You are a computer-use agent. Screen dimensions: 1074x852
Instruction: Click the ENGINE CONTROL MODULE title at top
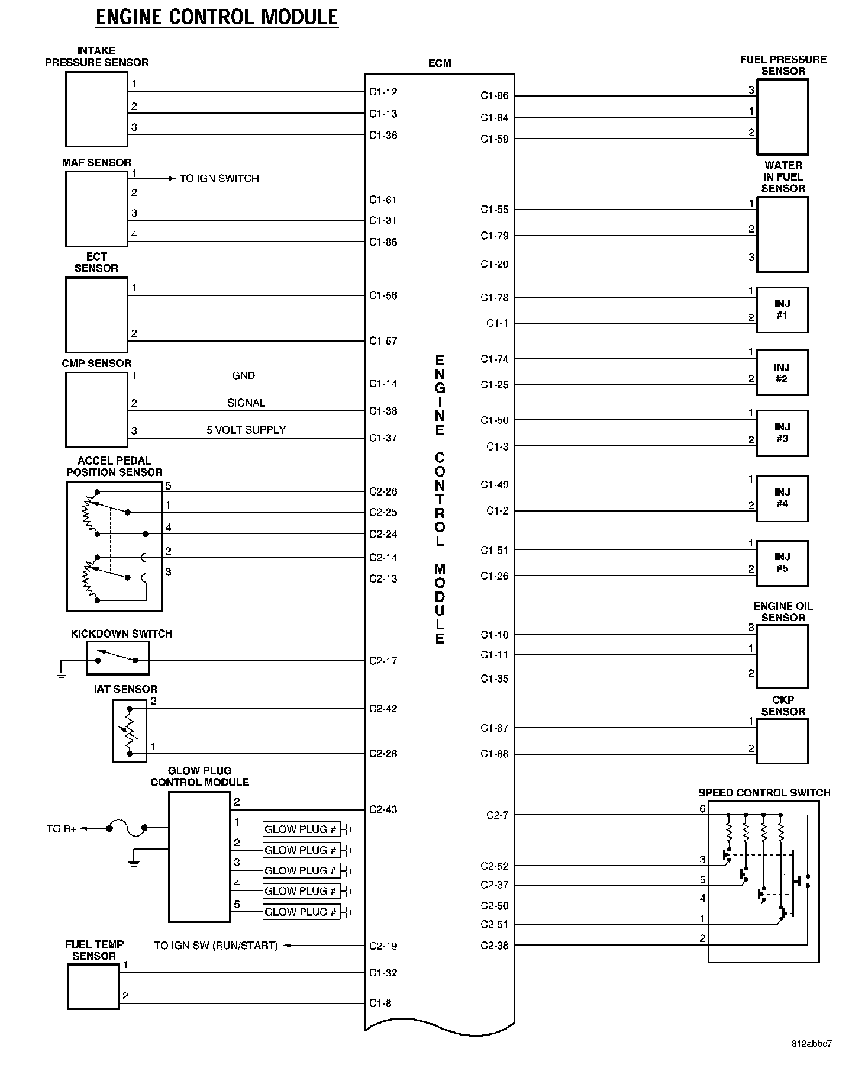click(217, 17)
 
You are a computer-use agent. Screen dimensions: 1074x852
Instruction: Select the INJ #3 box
click(782, 433)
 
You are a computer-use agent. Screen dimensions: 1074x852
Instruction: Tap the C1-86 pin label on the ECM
click(494, 96)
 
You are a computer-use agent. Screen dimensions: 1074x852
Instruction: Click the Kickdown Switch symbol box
click(118, 658)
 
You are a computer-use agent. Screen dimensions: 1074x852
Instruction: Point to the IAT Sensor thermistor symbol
click(130, 731)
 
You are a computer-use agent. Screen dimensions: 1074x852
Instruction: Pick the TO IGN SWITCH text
click(219, 178)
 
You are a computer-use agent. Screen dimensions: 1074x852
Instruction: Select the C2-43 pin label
click(383, 809)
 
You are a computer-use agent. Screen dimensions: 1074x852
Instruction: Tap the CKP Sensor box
click(782, 741)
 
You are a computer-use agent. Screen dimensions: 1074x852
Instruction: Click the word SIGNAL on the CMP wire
click(246, 403)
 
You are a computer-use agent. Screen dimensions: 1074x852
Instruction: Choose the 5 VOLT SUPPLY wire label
click(246, 430)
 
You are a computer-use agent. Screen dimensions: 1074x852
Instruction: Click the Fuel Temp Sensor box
click(93, 986)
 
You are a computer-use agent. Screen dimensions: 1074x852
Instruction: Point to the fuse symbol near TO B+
click(127, 828)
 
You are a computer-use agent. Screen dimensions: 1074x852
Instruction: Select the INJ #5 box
click(782, 563)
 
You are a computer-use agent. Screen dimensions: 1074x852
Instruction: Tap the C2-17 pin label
click(383, 661)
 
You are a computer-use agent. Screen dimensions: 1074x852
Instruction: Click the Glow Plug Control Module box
click(199, 857)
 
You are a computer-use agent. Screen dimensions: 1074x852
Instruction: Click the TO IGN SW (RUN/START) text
click(216, 946)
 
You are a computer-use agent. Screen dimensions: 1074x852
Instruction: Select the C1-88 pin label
click(494, 754)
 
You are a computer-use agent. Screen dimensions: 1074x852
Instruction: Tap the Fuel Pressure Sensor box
click(782, 117)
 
